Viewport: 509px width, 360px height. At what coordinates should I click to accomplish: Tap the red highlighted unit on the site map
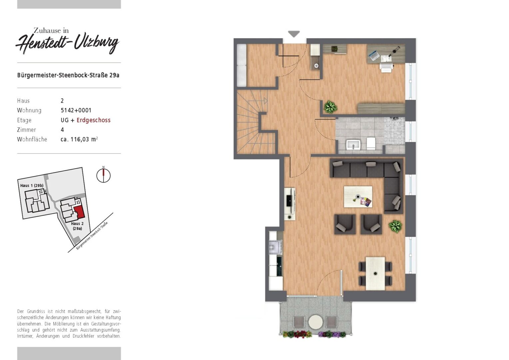(x=79, y=212)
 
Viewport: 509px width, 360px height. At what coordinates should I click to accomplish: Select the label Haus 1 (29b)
(x=32, y=186)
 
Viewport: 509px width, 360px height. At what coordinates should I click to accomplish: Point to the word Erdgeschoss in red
(x=93, y=120)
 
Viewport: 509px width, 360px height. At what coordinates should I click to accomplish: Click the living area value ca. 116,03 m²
(x=79, y=139)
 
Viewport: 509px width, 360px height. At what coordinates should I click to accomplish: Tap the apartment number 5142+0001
(x=76, y=110)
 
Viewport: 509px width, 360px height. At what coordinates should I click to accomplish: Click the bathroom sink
(x=353, y=145)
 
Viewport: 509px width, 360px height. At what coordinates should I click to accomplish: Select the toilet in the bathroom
(x=371, y=143)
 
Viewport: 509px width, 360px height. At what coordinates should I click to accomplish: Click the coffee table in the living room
(x=358, y=197)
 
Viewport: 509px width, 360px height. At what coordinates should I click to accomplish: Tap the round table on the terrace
(x=315, y=322)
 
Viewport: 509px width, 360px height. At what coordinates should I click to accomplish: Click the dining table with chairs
(x=375, y=274)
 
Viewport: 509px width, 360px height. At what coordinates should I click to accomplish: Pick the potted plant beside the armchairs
(x=395, y=226)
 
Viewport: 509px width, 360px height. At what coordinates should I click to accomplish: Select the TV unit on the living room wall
(x=290, y=204)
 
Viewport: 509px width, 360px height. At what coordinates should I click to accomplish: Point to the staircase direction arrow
(x=265, y=101)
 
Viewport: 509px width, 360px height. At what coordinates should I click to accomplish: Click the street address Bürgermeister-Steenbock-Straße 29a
(x=68, y=75)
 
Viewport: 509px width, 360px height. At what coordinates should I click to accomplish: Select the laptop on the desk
(x=373, y=55)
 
